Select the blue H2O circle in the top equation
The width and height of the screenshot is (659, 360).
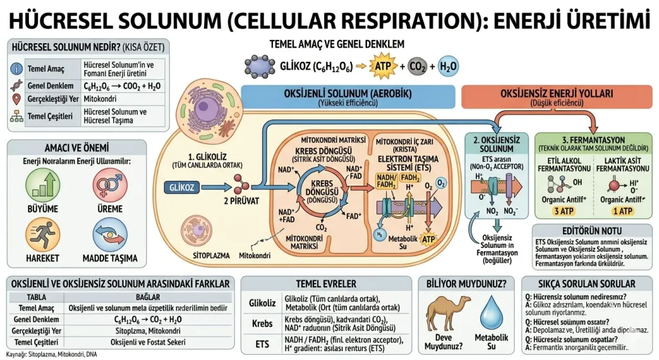coord(449,66)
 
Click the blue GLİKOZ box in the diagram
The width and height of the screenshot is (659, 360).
coord(182,187)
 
